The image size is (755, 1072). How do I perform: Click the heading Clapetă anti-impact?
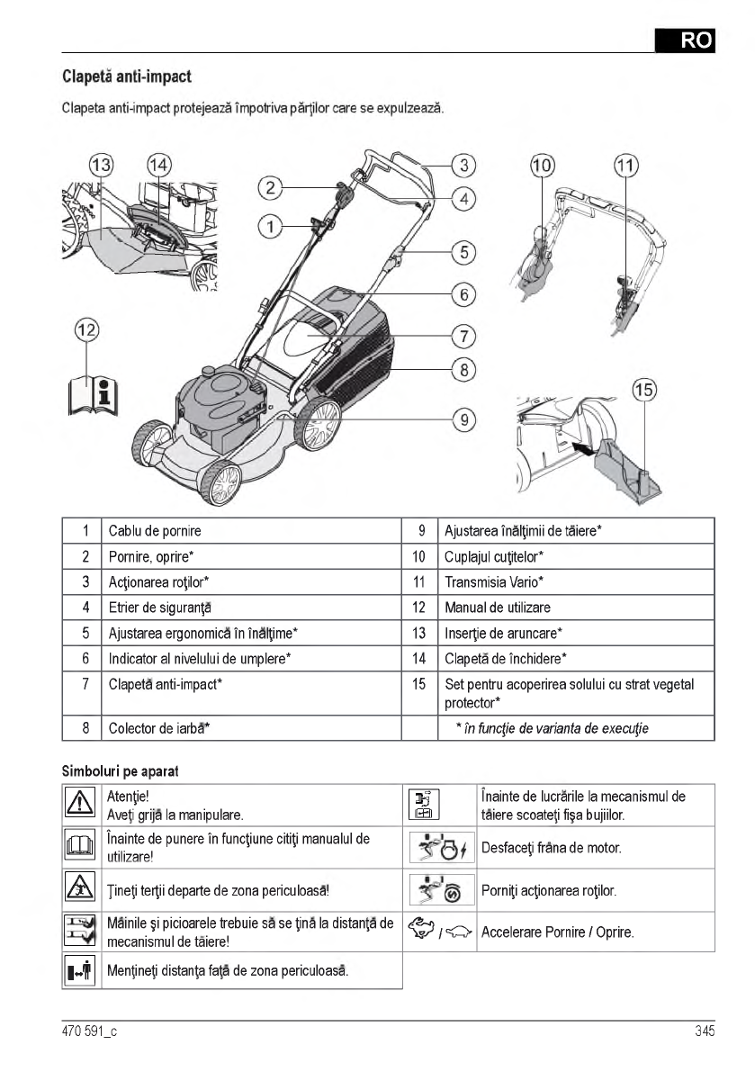pyautogui.click(x=126, y=77)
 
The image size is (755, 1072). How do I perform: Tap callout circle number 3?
pyautogui.click(x=463, y=165)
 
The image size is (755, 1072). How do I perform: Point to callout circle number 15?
pyautogui.click(x=644, y=391)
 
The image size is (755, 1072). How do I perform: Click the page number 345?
pyautogui.click(x=704, y=1032)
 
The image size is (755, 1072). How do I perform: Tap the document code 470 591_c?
pyautogui.click(x=89, y=1032)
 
